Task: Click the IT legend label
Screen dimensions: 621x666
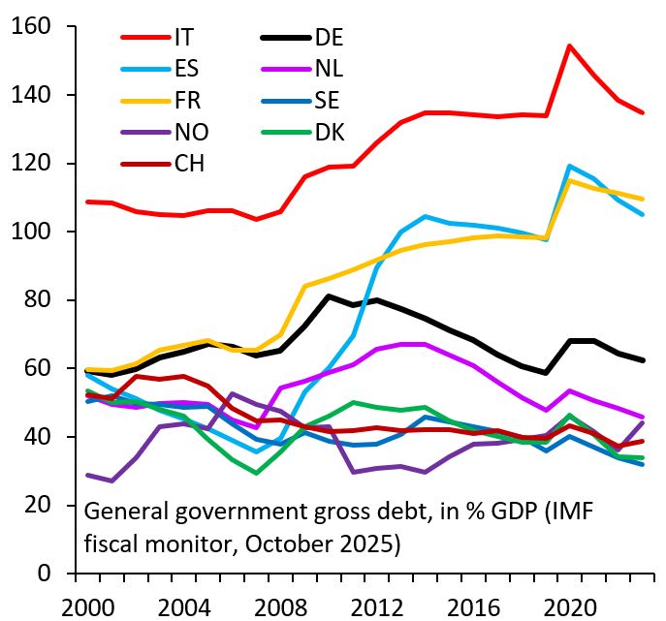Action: tap(183, 38)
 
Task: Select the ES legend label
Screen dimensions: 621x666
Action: tap(186, 68)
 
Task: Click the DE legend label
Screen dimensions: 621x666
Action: tap(329, 38)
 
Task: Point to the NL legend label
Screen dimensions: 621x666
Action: tap(329, 68)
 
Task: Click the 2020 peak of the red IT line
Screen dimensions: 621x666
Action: tap(569, 46)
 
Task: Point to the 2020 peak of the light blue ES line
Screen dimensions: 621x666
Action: tap(569, 166)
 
